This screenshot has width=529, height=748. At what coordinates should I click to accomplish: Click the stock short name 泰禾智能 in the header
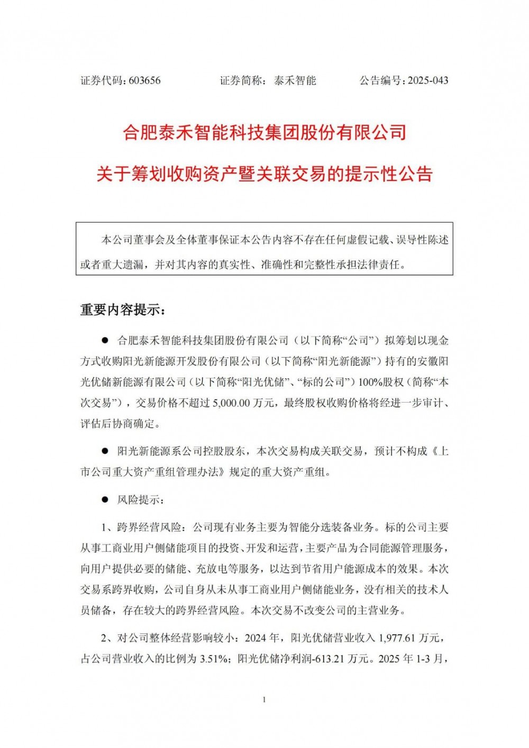[x=295, y=81]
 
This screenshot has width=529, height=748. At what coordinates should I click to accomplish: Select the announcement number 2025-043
[x=428, y=81]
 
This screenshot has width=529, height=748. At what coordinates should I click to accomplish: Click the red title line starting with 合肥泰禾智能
[x=264, y=132]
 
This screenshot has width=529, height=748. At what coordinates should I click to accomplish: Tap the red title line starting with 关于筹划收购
[x=264, y=174]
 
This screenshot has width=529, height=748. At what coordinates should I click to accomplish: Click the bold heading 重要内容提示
[x=123, y=310]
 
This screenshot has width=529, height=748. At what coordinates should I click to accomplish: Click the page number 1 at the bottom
[x=264, y=700]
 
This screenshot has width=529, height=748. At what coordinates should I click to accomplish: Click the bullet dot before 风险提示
[x=105, y=500]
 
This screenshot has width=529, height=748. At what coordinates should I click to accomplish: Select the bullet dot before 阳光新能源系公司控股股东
[x=105, y=451]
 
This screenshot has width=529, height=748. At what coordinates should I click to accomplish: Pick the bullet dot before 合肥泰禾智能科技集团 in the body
[x=105, y=340]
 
